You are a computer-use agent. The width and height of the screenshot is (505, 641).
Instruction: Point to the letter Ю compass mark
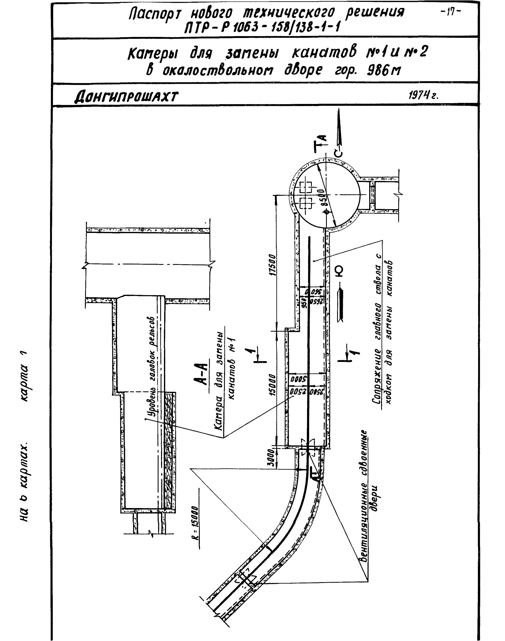pos(340,271)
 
